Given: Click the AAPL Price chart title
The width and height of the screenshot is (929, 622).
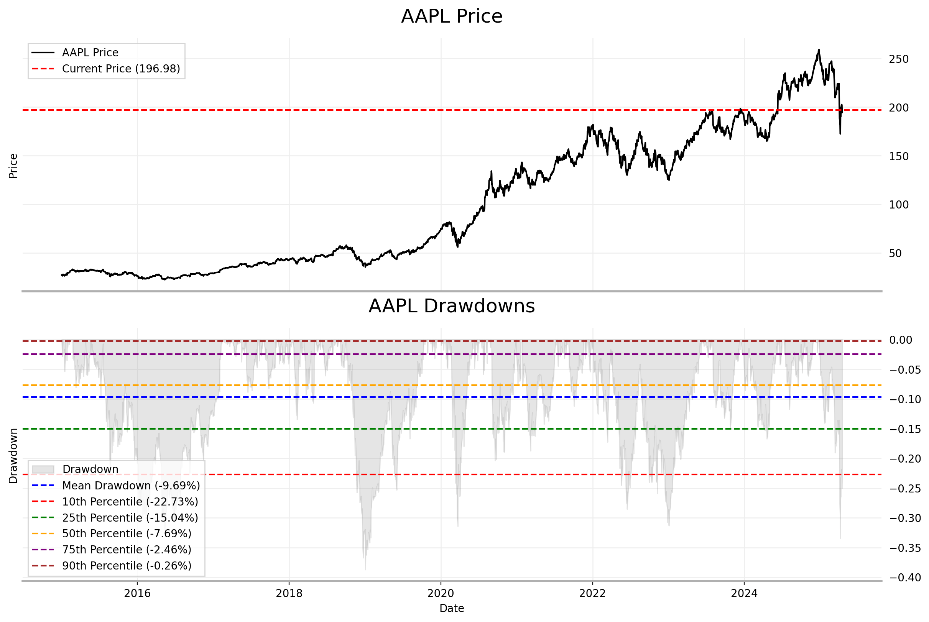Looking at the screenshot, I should (452, 16).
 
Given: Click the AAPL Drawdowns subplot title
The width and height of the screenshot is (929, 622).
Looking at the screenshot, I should (452, 306).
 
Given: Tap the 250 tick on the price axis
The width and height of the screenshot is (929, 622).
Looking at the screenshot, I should (898, 59).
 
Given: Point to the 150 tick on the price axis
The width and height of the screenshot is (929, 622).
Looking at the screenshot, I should (898, 156).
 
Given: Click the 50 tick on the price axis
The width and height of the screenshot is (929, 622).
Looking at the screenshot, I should (895, 253).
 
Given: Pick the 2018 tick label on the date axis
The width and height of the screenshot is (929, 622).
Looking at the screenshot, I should (289, 593).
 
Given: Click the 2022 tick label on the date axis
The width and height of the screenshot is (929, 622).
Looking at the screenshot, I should (592, 593).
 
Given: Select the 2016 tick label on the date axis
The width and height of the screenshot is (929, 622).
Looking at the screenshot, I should (137, 593).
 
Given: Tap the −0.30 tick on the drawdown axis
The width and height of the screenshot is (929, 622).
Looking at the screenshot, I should (905, 519).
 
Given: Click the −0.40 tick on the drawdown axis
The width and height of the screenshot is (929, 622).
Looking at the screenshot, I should (905, 578).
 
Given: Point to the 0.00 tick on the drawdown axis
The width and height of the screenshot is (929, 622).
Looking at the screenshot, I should (900, 340).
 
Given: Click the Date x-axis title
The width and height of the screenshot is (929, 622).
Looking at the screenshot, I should (452, 608).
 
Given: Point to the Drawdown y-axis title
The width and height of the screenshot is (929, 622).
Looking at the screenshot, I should (13, 456).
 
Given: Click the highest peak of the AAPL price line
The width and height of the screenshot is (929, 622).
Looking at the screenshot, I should (819, 50).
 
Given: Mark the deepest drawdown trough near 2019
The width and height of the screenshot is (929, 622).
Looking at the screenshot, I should (365, 569).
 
